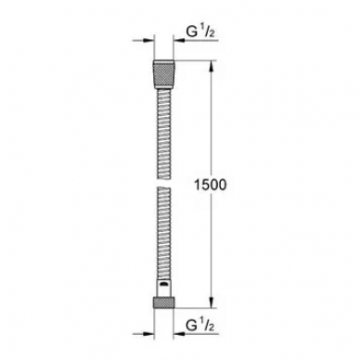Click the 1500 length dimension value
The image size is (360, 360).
pyautogui.click(x=211, y=185)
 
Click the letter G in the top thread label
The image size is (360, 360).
pyautogui.click(x=192, y=31)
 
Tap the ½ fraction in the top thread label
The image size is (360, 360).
pyautogui.click(x=208, y=31)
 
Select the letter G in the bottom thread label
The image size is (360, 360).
pyautogui.click(x=192, y=326)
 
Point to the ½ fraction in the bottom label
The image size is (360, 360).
pyautogui.click(x=208, y=325)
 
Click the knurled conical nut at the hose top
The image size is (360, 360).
pyautogui.click(x=164, y=74)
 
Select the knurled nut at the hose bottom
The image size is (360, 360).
pyautogui.click(x=164, y=302)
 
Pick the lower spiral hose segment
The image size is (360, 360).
pyautogui.click(x=164, y=233)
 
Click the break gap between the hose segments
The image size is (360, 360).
pyautogui.click(x=164, y=183)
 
